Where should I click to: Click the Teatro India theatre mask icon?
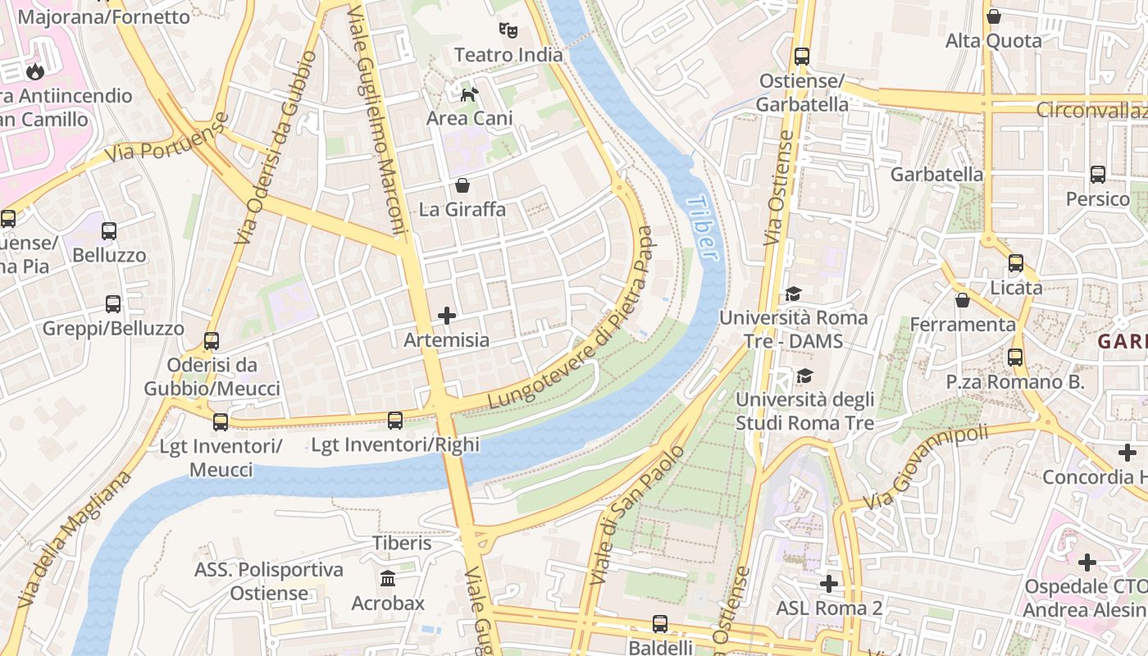[x=508, y=31]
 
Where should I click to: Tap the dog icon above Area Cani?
[x=469, y=94]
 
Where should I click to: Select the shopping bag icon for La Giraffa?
[x=462, y=185]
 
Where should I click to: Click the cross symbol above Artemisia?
[x=447, y=316]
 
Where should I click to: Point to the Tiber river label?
[x=704, y=228]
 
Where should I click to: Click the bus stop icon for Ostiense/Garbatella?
[x=802, y=57]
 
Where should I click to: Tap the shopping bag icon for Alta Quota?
[x=994, y=16]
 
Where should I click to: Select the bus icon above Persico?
[x=1098, y=175]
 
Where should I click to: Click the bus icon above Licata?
[x=1016, y=263]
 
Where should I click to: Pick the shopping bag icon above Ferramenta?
[x=963, y=300]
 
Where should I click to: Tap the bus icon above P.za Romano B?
[x=1015, y=358]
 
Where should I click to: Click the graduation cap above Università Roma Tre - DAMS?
[x=793, y=294]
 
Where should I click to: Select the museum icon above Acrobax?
[x=388, y=579]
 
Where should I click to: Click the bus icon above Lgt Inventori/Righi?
[x=395, y=421]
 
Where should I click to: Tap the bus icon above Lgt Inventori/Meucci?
[x=220, y=422]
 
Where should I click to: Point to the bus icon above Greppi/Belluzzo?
[x=113, y=304]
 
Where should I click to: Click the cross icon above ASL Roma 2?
[x=829, y=584]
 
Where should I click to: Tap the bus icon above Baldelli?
[x=660, y=624]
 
